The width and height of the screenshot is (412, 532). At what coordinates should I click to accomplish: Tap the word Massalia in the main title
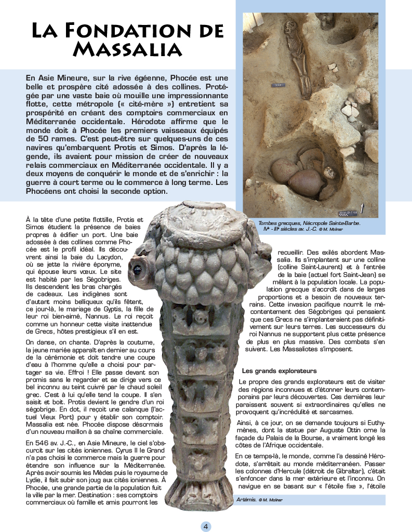127,49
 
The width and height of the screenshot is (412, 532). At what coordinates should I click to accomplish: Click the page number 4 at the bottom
206,526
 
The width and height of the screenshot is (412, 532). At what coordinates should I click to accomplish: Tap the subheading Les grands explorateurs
279,371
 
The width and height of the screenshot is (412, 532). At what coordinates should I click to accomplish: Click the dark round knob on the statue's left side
138,270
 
